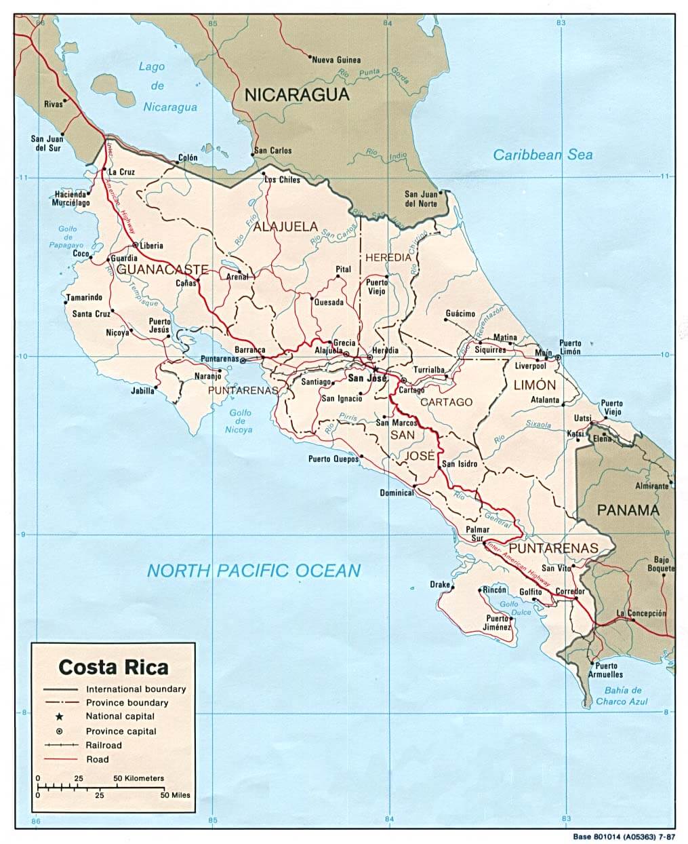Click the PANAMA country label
[x=628, y=510]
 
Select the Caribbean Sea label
[x=542, y=155]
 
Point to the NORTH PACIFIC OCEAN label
[x=254, y=571]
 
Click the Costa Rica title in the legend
[x=113, y=667]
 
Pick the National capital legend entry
[x=120, y=716]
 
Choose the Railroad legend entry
[x=104, y=745]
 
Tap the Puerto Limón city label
[x=570, y=347]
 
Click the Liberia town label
[x=152, y=246]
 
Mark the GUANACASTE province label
[x=162, y=269]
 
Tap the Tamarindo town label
[x=84, y=297]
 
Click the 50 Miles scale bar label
[x=175, y=794]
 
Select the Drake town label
[x=439, y=584]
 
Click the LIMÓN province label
[x=534, y=385]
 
